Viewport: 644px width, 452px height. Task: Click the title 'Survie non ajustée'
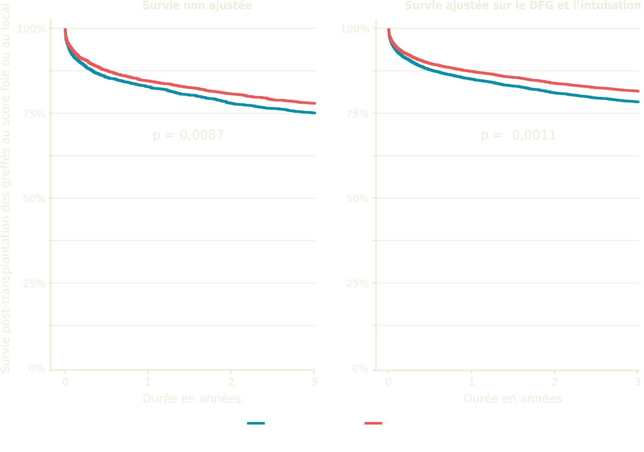[197, 6]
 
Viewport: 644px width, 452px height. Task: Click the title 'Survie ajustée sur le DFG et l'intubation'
[523, 6]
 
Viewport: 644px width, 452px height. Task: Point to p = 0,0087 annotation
[188, 135]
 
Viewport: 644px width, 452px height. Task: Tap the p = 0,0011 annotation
[518, 135]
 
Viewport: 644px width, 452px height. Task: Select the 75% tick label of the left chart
[34, 114]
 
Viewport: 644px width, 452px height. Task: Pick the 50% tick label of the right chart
[357, 199]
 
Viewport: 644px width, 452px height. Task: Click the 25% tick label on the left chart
[34, 284]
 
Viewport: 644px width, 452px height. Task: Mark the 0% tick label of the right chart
[360, 369]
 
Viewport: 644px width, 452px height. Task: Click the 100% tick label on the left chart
[31, 29]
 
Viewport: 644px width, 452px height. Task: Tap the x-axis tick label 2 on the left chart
[231, 382]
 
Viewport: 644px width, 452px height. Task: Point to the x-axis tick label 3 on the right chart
[637, 382]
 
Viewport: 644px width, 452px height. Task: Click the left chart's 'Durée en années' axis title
[192, 399]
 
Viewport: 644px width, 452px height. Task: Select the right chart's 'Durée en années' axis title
[513, 399]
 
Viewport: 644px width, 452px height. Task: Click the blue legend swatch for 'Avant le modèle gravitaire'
[256, 423]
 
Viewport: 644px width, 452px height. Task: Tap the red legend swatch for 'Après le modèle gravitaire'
[373, 423]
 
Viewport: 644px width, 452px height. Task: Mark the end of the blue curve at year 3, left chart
[315, 113]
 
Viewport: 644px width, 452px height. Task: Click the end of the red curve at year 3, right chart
[638, 91]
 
